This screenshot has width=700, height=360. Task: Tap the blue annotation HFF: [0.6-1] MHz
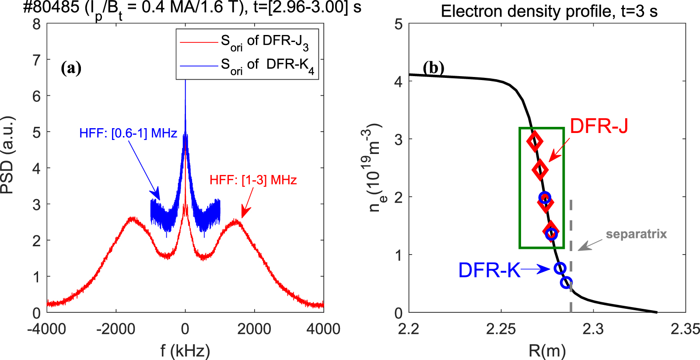pyautogui.click(x=128, y=133)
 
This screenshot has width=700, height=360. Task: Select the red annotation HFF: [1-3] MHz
pyautogui.click(x=253, y=180)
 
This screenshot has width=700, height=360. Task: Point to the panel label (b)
pyautogui.click(x=434, y=68)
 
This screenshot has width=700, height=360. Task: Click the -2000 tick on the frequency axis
pyautogui.click(x=116, y=329)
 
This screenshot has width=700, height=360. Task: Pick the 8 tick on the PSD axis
pyautogui.click(x=37, y=24)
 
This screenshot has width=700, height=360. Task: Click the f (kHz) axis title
pyautogui.click(x=185, y=350)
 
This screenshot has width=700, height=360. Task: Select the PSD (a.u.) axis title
pyautogui.click(x=8, y=155)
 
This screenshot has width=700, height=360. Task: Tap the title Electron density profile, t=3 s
pyautogui.click(x=549, y=11)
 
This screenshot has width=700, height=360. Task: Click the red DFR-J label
pyautogui.click(x=598, y=126)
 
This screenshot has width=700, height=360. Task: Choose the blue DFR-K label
pyautogui.click(x=489, y=270)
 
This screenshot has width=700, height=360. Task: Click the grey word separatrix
pyautogui.click(x=636, y=234)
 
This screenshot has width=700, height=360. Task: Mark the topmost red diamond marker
pyautogui.click(x=535, y=141)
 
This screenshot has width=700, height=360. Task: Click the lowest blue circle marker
pyautogui.click(x=566, y=283)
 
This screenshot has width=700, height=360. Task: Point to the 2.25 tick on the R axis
pyautogui.click(x=501, y=329)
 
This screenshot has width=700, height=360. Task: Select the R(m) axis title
pyautogui.click(x=547, y=350)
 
